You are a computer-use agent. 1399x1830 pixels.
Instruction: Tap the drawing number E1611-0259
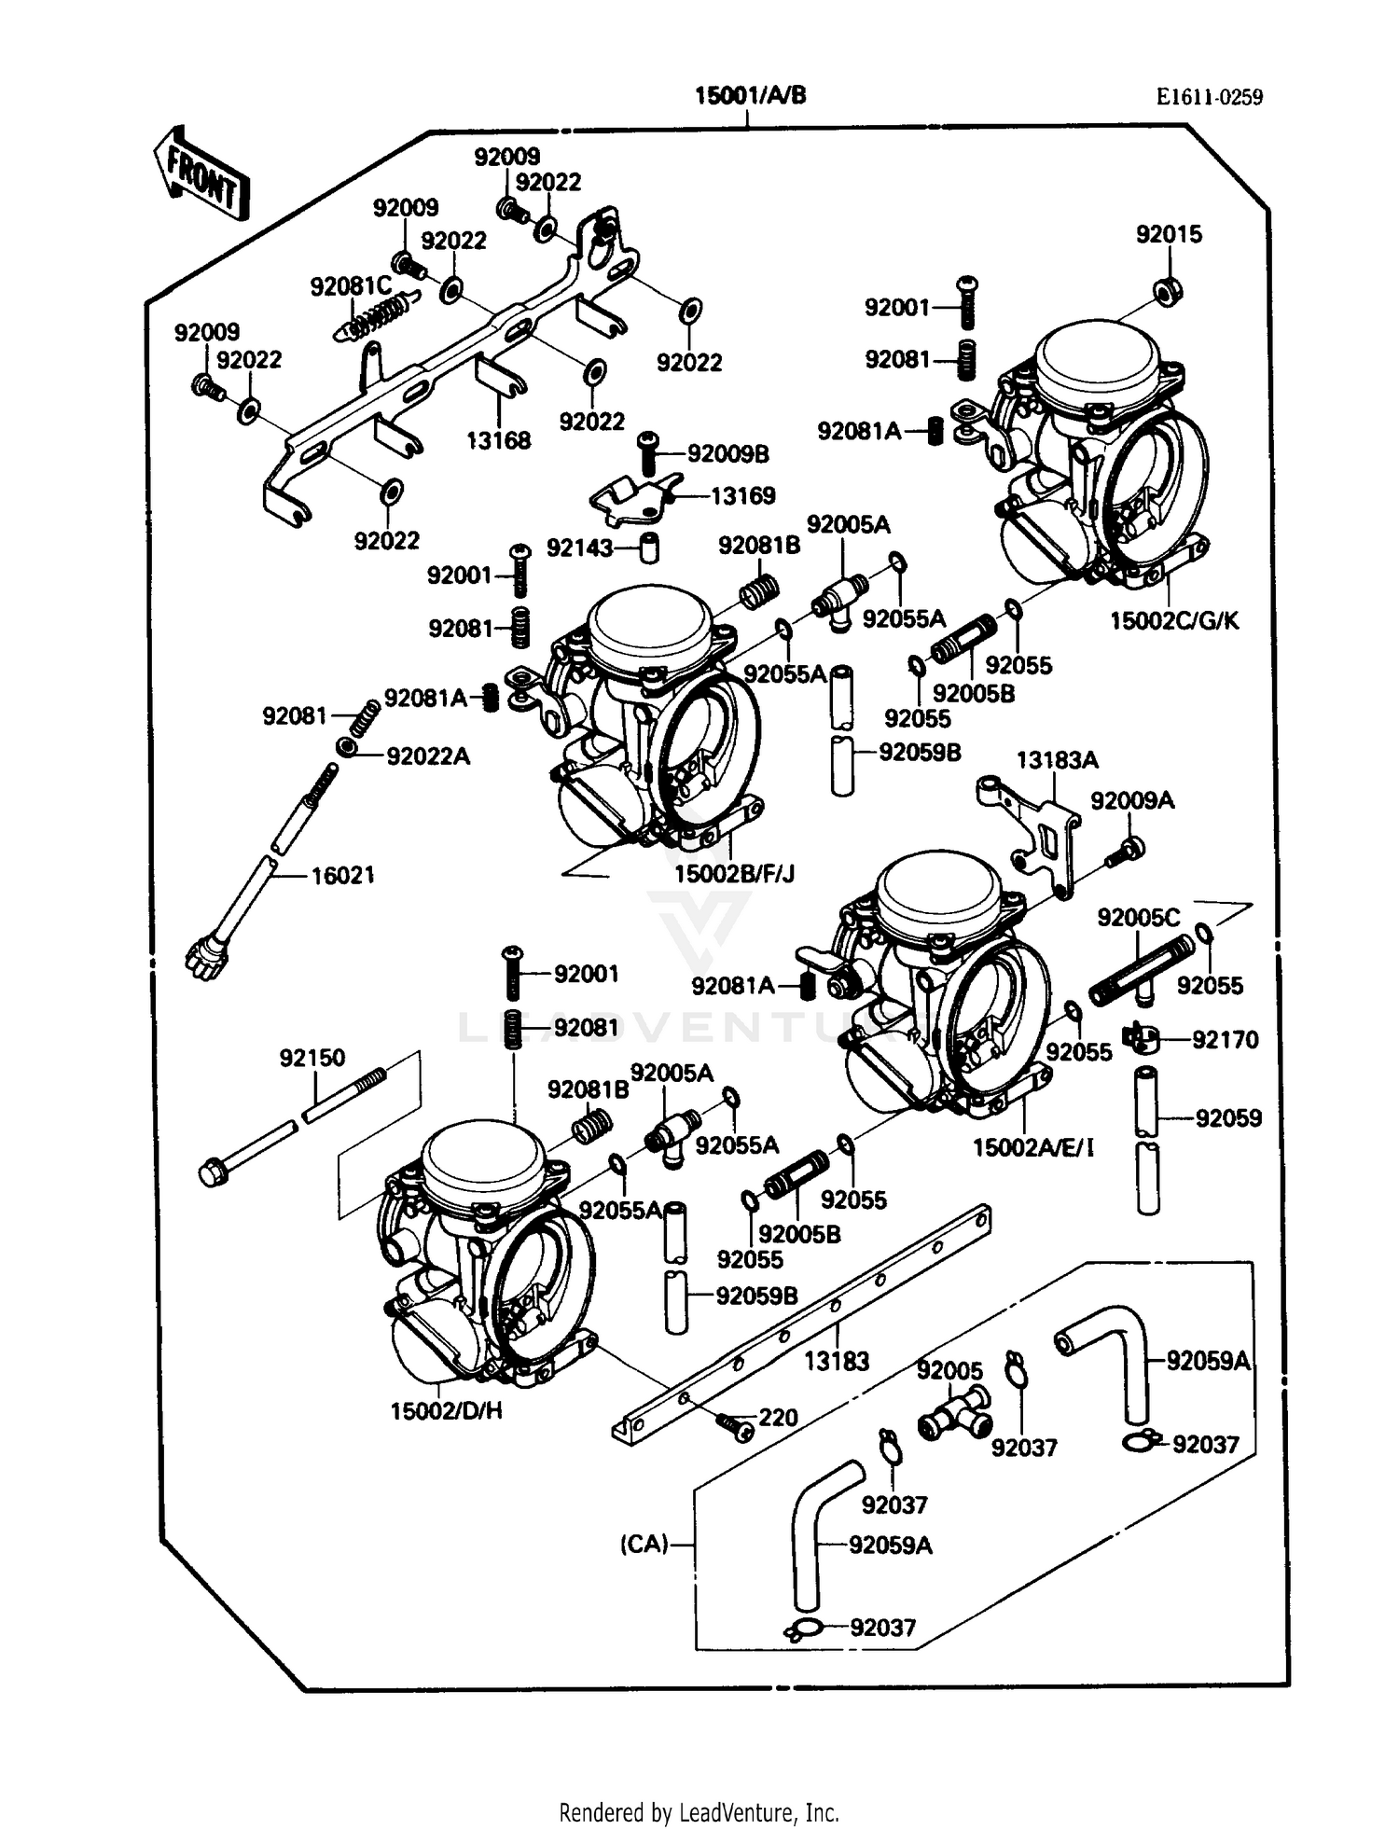[1209, 97]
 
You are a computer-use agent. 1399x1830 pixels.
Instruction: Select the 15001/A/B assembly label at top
[749, 95]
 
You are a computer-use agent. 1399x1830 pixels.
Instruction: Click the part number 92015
[1168, 235]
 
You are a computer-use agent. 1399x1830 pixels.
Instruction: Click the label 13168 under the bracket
[498, 440]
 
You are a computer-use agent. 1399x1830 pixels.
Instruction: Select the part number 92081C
[350, 286]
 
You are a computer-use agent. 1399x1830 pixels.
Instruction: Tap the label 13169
[742, 495]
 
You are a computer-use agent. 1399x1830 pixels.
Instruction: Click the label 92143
[579, 548]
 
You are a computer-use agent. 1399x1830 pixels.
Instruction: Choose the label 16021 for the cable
[342, 875]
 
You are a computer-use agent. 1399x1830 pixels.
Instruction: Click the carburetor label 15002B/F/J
[734, 874]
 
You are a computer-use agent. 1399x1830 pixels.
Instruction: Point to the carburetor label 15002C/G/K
[1173, 620]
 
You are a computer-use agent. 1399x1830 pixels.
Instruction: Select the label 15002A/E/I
[1032, 1147]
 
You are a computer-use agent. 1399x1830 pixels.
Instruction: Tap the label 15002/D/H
[446, 1410]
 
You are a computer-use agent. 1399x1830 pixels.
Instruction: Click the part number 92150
[312, 1058]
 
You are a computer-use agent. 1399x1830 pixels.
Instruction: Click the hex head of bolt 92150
[214, 1171]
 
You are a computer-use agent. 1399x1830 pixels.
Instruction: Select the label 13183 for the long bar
[836, 1361]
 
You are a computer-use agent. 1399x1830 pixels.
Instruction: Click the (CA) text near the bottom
[644, 1545]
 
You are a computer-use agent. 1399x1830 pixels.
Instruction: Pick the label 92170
[1225, 1039]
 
